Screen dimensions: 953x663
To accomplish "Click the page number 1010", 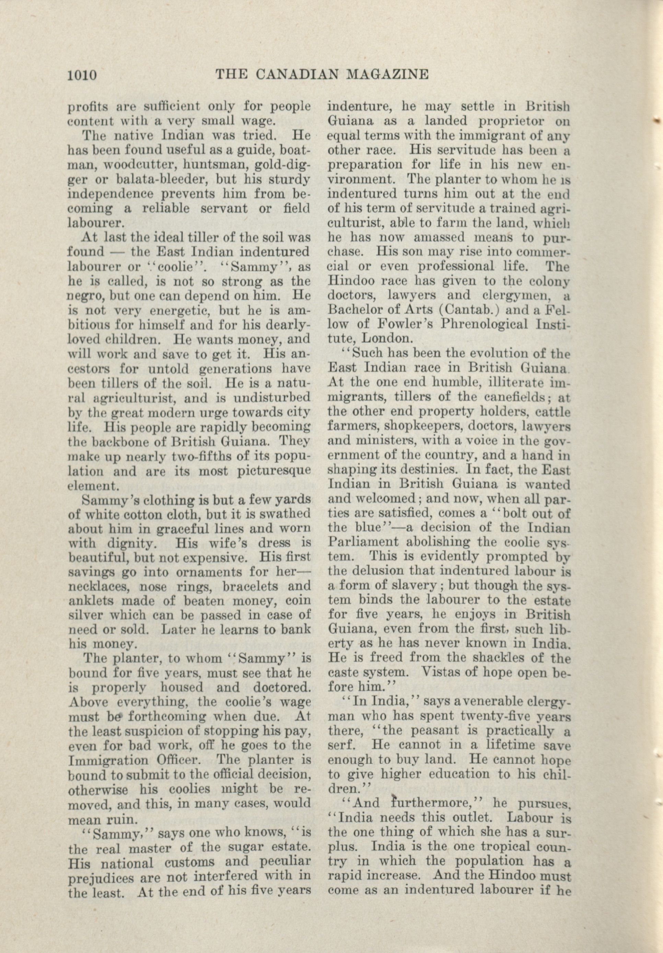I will (x=81, y=75).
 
